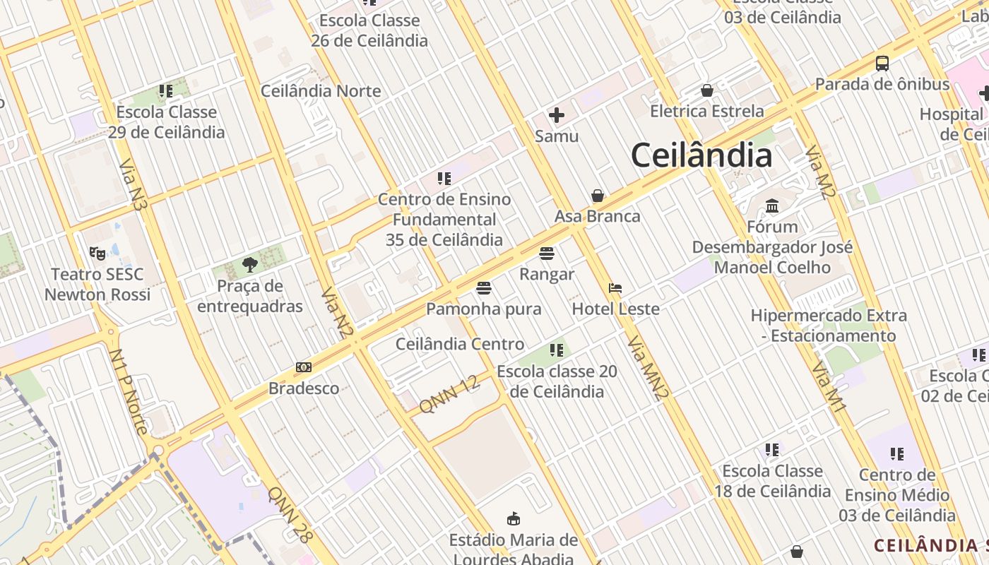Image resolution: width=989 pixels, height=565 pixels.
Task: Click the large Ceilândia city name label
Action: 701,155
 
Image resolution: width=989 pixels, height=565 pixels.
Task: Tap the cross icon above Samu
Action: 557,114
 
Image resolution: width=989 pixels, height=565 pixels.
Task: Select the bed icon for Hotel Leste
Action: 615,288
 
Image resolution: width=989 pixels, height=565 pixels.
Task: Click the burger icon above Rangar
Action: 546,253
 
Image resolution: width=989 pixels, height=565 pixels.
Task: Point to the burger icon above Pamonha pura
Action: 483,288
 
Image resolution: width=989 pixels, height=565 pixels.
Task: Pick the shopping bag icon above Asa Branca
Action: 598,196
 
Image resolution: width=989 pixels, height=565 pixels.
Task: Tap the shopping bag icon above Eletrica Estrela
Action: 706,90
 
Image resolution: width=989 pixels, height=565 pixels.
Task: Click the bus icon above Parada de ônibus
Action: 882,64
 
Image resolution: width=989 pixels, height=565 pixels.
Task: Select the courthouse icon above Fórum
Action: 772,206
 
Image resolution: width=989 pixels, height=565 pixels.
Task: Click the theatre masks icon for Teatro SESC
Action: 97,253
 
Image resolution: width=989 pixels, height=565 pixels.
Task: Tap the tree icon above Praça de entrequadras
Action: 249,265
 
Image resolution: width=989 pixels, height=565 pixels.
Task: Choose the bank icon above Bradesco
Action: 304,367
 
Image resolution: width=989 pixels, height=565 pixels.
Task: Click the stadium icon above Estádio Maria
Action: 514,519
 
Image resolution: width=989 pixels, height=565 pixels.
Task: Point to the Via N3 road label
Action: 133,185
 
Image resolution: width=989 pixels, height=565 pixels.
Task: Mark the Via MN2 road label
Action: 648,369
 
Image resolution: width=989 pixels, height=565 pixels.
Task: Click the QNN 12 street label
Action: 449,395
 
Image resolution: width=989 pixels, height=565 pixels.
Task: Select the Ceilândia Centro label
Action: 460,344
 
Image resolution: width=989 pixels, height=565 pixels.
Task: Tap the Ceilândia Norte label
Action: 321,91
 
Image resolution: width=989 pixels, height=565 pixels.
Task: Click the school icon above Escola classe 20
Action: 557,350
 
